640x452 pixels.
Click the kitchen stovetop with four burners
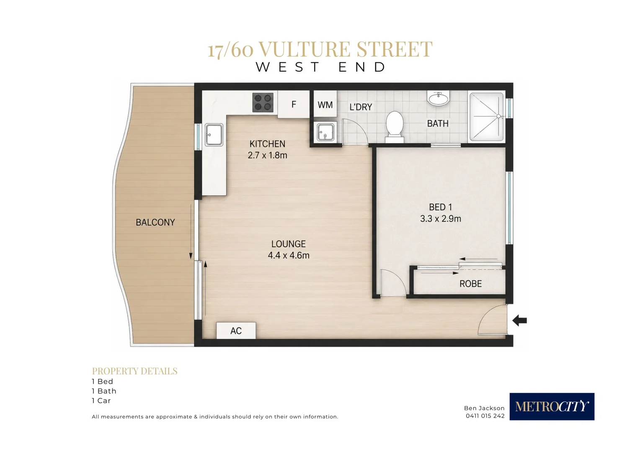pos(263,102)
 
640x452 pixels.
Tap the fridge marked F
pos(294,104)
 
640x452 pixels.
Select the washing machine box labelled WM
pos(325,104)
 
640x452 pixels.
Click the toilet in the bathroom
pos(395,127)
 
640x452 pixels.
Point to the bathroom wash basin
pos(438,98)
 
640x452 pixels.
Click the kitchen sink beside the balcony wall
pos(214,134)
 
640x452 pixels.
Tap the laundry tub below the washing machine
pos(325,132)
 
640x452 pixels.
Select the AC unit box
pos(236,330)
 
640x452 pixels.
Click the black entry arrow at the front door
pos(519,320)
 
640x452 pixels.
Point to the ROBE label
pos(470,283)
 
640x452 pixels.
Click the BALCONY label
pos(155,222)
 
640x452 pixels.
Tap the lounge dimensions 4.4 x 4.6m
pos(289,255)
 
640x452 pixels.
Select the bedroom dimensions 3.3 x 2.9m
pos(441,218)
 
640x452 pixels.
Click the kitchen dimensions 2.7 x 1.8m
pos(267,155)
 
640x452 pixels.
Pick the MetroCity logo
pos(552,406)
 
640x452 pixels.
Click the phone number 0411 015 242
pos(485,416)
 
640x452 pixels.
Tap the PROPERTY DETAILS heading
pos(134,371)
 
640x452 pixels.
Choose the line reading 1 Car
pos(101,401)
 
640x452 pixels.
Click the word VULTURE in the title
pos(305,49)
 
